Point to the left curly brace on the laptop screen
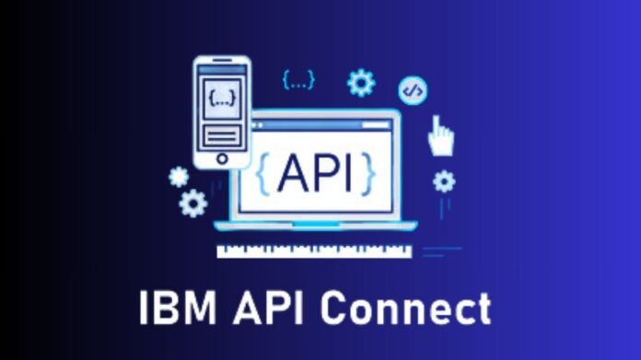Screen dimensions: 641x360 [x=263, y=172]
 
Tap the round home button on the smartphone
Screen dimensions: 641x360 [x=221, y=159]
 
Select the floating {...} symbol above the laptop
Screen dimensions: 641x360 [x=298, y=80]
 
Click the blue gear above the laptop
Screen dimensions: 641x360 [x=360, y=83]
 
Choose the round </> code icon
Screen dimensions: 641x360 [x=413, y=90]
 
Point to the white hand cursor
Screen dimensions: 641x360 [x=440, y=136]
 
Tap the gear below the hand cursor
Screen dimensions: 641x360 [x=444, y=180]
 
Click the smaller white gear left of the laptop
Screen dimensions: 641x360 [x=179, y=177]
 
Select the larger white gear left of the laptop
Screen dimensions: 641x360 [x=193, y=203]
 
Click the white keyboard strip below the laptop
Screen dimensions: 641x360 [x=313, y=250]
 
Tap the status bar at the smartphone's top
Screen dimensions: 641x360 [x=221, y=66]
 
